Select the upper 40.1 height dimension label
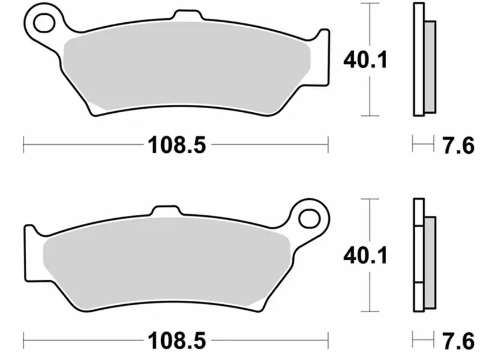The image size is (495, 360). pos(365,59)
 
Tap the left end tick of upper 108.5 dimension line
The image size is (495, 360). pos(23,145)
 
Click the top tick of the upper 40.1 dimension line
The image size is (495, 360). pos(370,4)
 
